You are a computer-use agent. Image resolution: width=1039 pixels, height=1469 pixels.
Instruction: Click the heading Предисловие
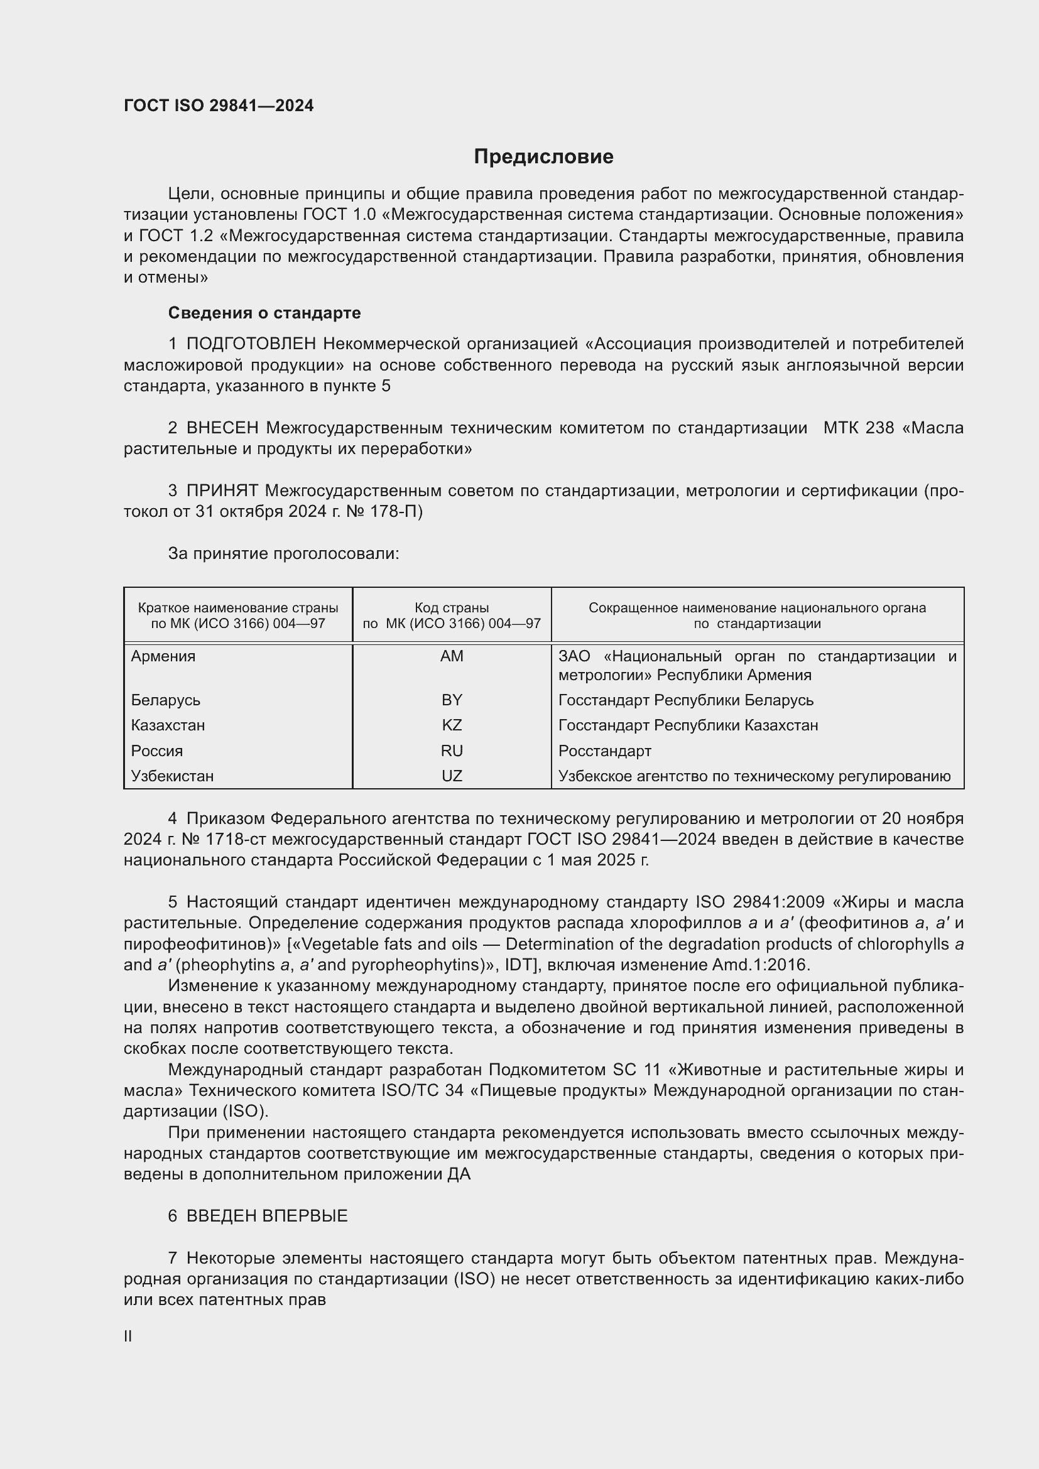(543, 157)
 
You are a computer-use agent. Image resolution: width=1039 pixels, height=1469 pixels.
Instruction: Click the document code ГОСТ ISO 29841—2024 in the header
(219, 106)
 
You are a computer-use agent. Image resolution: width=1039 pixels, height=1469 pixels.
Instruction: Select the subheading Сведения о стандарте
(264, 313)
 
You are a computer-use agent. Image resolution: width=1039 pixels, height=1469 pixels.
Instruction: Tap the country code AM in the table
(452, 656)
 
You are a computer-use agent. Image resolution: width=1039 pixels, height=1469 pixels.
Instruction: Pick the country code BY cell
(452, 700)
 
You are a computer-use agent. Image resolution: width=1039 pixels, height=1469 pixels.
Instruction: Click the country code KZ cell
(452, 725)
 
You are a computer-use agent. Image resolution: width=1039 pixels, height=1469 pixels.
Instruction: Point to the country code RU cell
(452, 751)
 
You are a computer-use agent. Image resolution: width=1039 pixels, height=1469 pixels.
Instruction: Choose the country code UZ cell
(452, 776)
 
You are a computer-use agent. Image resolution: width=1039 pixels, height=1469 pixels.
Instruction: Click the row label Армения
(163, 656)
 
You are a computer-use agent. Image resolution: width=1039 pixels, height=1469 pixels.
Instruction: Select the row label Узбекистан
(172, 776)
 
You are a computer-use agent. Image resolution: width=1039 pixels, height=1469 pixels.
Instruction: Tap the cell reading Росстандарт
(604, 751)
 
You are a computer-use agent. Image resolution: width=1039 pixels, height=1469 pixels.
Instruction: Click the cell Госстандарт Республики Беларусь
(686, 700)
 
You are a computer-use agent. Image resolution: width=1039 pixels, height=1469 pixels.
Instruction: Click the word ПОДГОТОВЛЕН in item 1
(251, 344)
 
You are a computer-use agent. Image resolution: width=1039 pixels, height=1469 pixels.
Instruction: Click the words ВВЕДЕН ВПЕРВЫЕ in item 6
(267, 1217)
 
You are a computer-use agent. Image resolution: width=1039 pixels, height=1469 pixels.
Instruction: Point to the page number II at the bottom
(128, 1336)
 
